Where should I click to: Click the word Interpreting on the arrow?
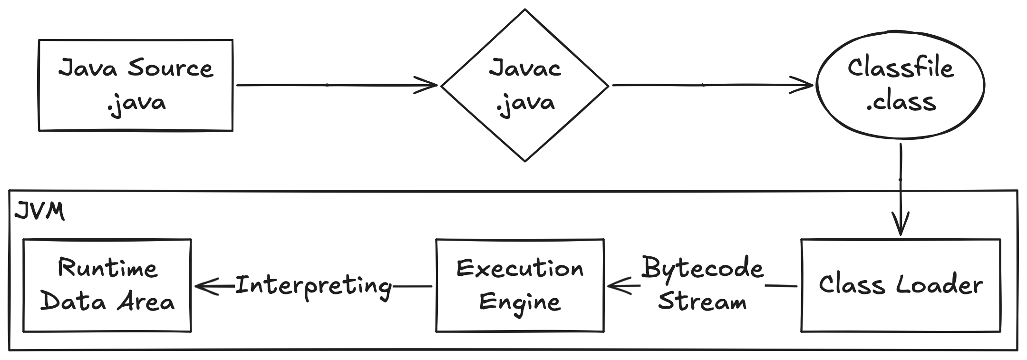point(314,286)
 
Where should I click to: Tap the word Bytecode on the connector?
point(702,268)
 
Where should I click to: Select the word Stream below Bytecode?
point(702,302)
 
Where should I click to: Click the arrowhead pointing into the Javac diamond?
point(426,86)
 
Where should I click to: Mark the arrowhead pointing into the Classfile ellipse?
point(802,86)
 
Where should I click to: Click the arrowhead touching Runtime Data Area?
point(207,286)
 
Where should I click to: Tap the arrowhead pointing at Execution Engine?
point(620,286)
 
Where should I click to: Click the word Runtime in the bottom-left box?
point(107,268)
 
